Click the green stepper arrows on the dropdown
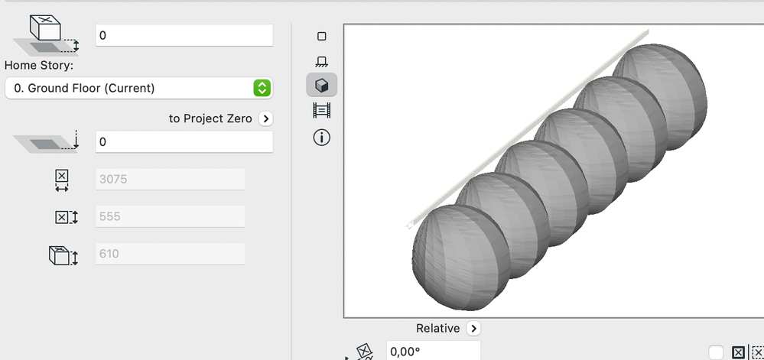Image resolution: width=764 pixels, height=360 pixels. coord(262,88)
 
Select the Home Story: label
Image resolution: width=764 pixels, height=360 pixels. coord(39,65)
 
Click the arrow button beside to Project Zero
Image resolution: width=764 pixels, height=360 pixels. coord(265,118)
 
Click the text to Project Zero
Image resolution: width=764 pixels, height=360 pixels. coord(210,118)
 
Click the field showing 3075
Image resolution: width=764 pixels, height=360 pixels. coord(170,180)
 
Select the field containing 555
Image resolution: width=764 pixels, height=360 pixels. coord(170,216)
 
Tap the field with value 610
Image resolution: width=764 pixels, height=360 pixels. coord(170,254)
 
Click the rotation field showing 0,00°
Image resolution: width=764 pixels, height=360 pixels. coord(433,352)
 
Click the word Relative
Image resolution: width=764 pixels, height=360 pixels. coord(437,328)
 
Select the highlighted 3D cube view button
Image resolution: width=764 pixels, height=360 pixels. coord(322,86)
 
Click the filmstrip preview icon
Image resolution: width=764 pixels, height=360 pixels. coord(322,111)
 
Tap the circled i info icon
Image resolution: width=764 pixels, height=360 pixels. coord(322,138)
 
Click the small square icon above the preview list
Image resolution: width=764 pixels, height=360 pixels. coord(322,36)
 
